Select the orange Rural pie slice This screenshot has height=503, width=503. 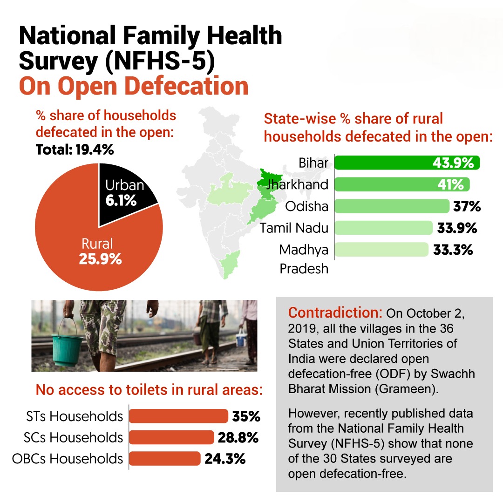(93, 251)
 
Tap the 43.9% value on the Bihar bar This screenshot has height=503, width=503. (453, 163)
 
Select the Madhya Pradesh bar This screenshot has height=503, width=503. (381, 250)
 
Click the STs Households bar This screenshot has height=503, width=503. (178, 416)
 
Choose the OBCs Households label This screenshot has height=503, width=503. (68, 458)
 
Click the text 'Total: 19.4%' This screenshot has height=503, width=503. (75, 150)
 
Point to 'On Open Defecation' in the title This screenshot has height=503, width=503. (133, 87)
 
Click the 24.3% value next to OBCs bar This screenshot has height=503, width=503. (225, 459)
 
